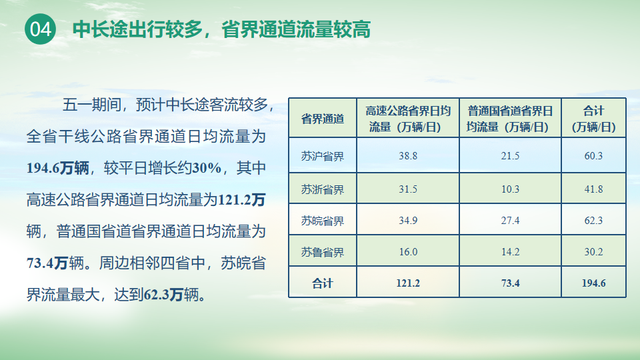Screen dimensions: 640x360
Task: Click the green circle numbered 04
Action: [x=41, y=29]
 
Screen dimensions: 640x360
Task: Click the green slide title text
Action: [x=221, y=29]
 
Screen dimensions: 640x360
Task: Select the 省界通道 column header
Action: [x=323, y=119]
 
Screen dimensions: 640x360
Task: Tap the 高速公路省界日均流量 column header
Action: [x=408, y=119]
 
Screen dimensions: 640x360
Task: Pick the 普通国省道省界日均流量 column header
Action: [x=510, y=119]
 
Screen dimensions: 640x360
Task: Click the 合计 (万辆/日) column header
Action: [x=593, y=119]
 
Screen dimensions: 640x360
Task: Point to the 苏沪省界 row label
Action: [x=323, y=156]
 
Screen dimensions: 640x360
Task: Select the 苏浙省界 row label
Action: [x=323, y=189]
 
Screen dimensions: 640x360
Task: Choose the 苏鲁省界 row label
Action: [x=323, y=252]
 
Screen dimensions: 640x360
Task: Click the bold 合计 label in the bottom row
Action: [x=323, y=283]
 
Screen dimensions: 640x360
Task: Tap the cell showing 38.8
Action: [x=408, y=156]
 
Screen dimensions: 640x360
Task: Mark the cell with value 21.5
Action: [x=510, y=156]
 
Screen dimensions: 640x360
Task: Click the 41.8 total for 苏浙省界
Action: [x=593, y=189]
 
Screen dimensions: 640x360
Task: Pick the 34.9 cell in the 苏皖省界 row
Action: [x=408, y=221]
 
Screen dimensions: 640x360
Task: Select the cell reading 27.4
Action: [x=510, y=221]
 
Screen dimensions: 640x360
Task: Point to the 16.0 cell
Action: [x=408, y=252]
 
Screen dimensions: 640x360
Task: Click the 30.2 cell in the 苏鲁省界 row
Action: [x=593, y=252]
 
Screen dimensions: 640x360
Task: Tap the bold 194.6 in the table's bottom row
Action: [x=593, y=283]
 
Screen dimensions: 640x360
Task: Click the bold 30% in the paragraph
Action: [x=207, y=168]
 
